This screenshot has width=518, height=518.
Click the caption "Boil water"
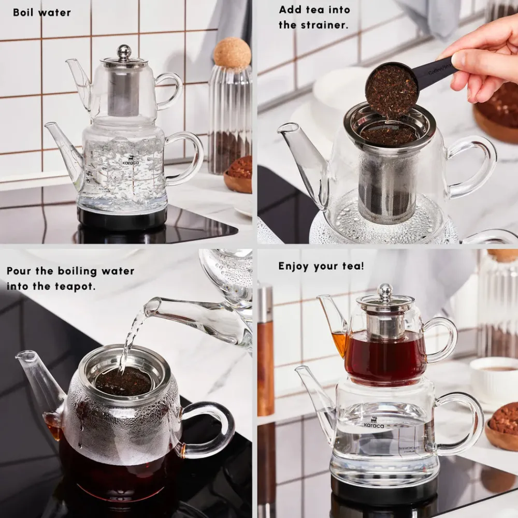click(41, 12)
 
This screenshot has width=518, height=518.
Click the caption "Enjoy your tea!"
click(321, 266)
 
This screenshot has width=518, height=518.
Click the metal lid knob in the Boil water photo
click(124, 51)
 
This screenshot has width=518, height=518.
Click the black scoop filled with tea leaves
click(392, 90)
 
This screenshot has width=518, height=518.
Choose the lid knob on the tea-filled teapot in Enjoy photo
click(385, 292)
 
